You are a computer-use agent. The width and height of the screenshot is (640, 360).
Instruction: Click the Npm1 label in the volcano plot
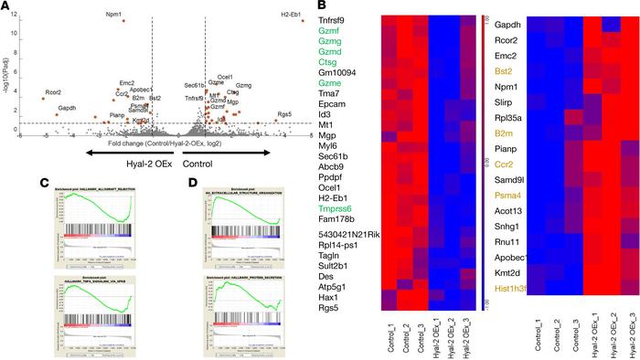tap(113, 15)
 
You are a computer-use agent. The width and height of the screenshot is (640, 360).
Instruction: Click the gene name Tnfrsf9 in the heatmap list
tap(333, 19)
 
